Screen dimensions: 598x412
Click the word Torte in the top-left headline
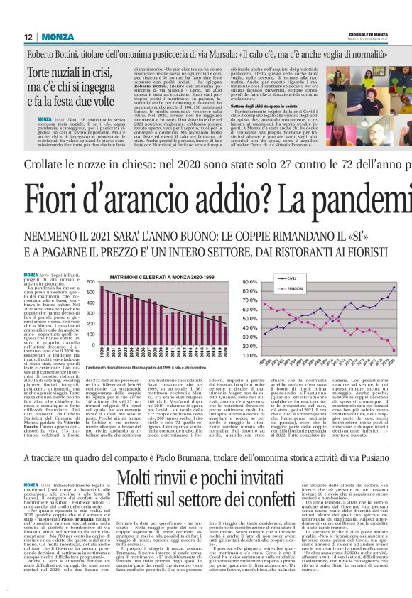[x=42, y=71]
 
